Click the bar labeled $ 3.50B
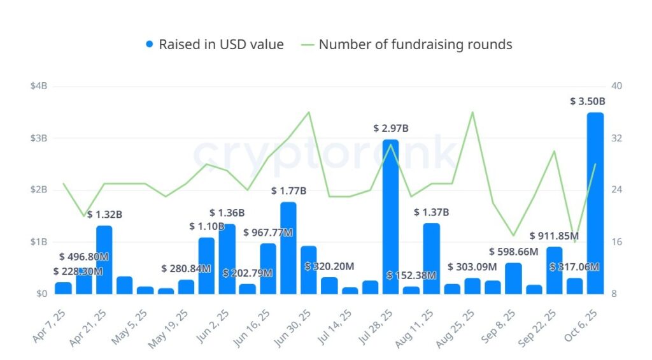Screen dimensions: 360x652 (595, 204)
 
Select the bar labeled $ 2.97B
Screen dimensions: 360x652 (390, 217)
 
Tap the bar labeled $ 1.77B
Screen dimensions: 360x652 (288, 248)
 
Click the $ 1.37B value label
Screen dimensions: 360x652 (431, 212)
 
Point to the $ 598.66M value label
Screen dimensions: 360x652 (513, 252)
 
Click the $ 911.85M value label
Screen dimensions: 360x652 (554, 236)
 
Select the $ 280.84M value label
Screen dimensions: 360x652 (186, 269)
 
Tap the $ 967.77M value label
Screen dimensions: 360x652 (268, 233)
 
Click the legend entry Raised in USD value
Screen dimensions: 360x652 (221, 45)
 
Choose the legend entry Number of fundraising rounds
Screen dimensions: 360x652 (415, 45)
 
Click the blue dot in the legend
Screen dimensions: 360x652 (150, 45)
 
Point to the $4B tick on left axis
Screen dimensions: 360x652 (39, 86)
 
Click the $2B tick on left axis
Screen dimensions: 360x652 (39, 190)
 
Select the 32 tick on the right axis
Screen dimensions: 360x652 (616, 138)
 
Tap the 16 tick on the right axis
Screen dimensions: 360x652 (616, 242)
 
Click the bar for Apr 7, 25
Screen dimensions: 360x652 (64, 288)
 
